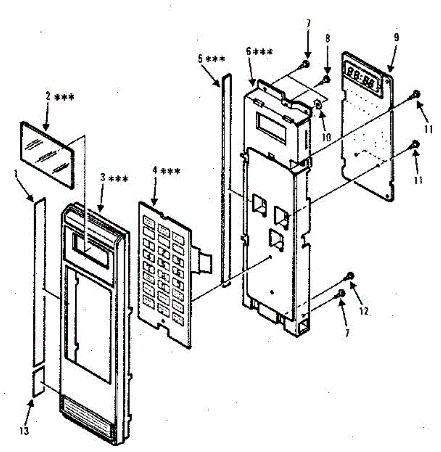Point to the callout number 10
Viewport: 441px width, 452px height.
327,136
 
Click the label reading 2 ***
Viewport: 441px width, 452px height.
60,97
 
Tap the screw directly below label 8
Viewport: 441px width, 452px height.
326,79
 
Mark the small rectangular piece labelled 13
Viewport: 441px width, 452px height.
38,382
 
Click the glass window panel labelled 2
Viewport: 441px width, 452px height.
47,154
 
